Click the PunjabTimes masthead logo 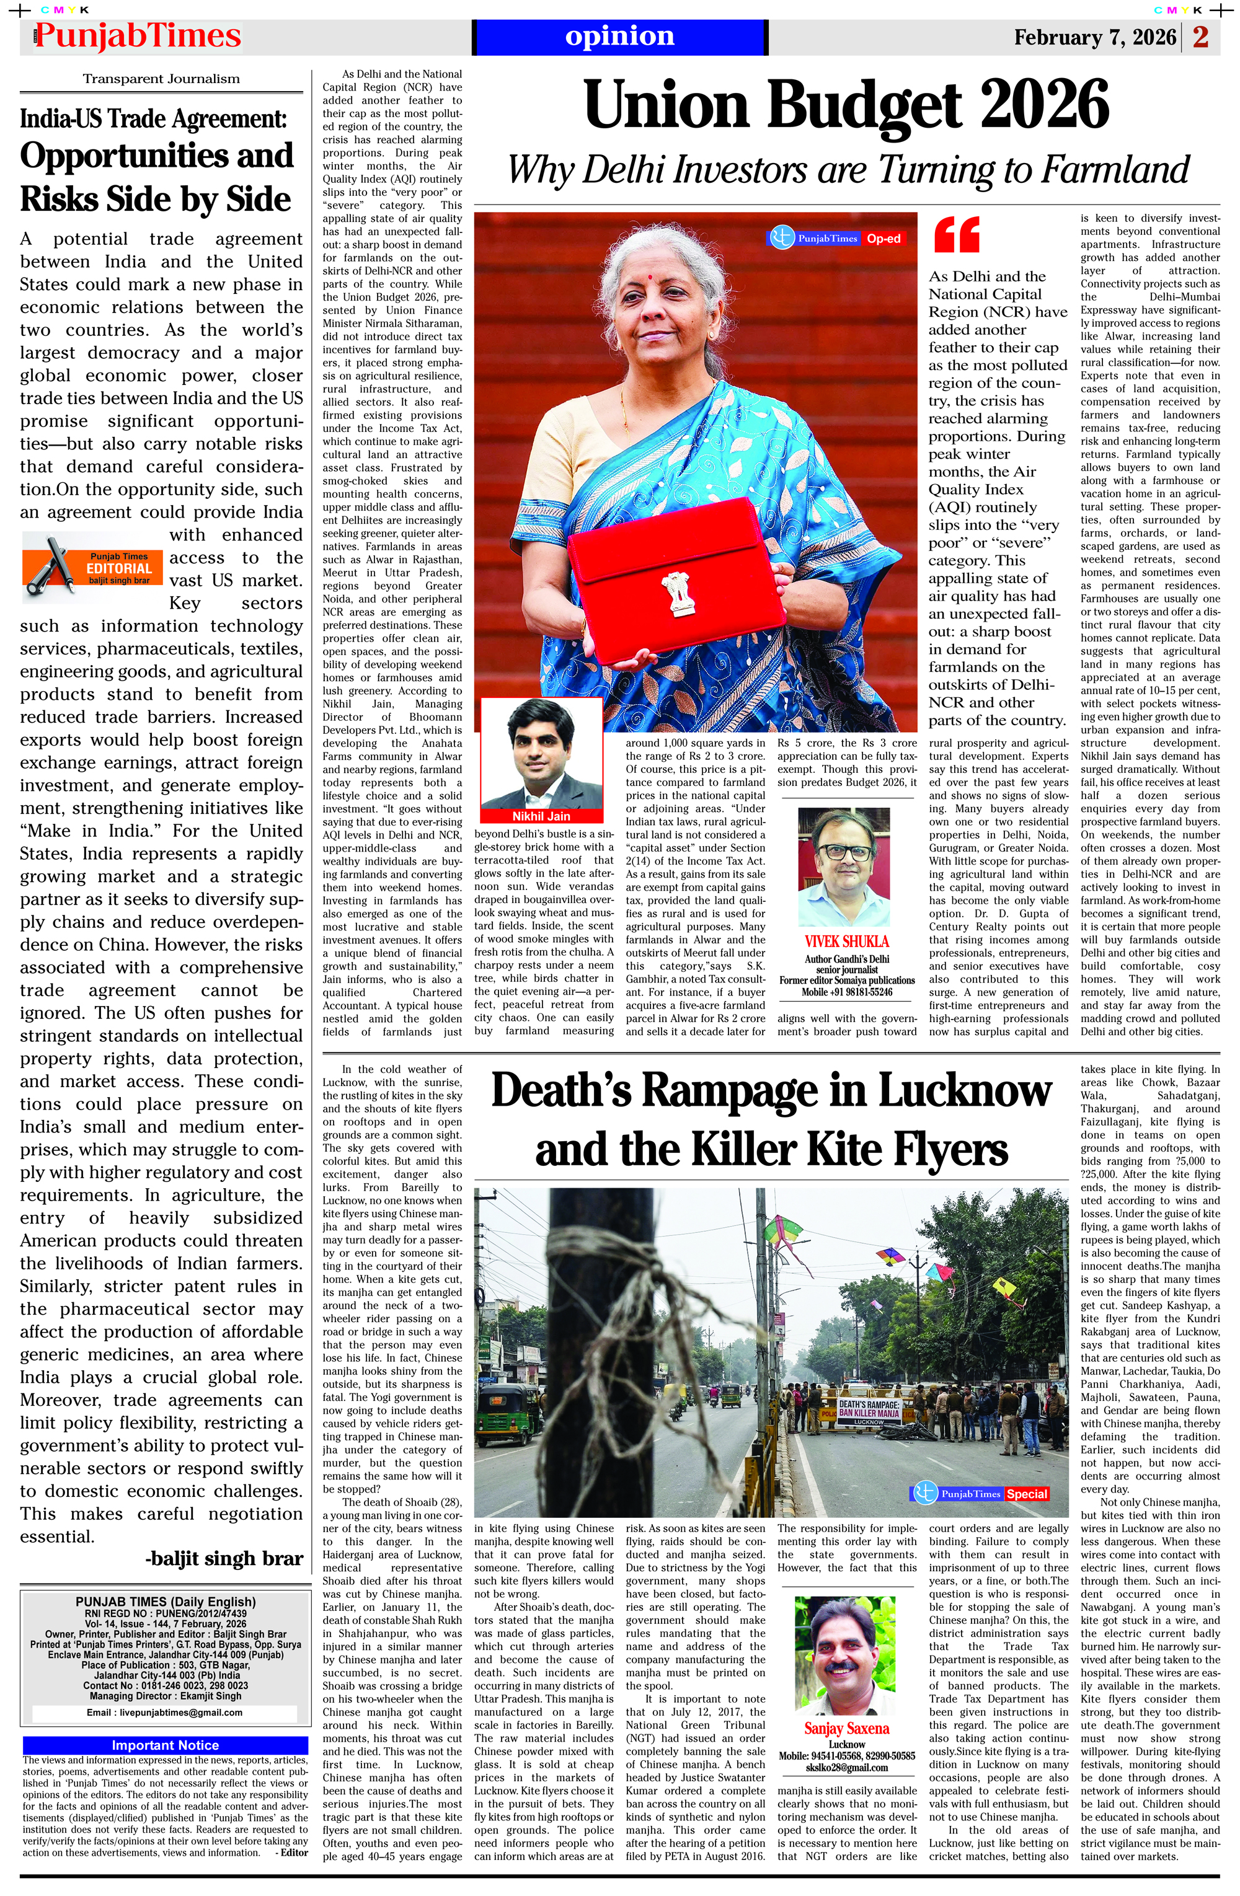coord(137,37)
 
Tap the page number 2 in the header coord(1200,37)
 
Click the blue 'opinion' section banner coord(619,37)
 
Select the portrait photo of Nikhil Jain coord(541,753)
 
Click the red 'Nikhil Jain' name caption coord(541,816)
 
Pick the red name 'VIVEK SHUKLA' coord(846,941)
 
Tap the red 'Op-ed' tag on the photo coord(883,238)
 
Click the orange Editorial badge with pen coord(93,567)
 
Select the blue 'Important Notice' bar coord(165,1745)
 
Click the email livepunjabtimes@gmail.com coord(164,1712)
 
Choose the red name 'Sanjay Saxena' coord(846,1728)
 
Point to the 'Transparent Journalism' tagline coord(161,79)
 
